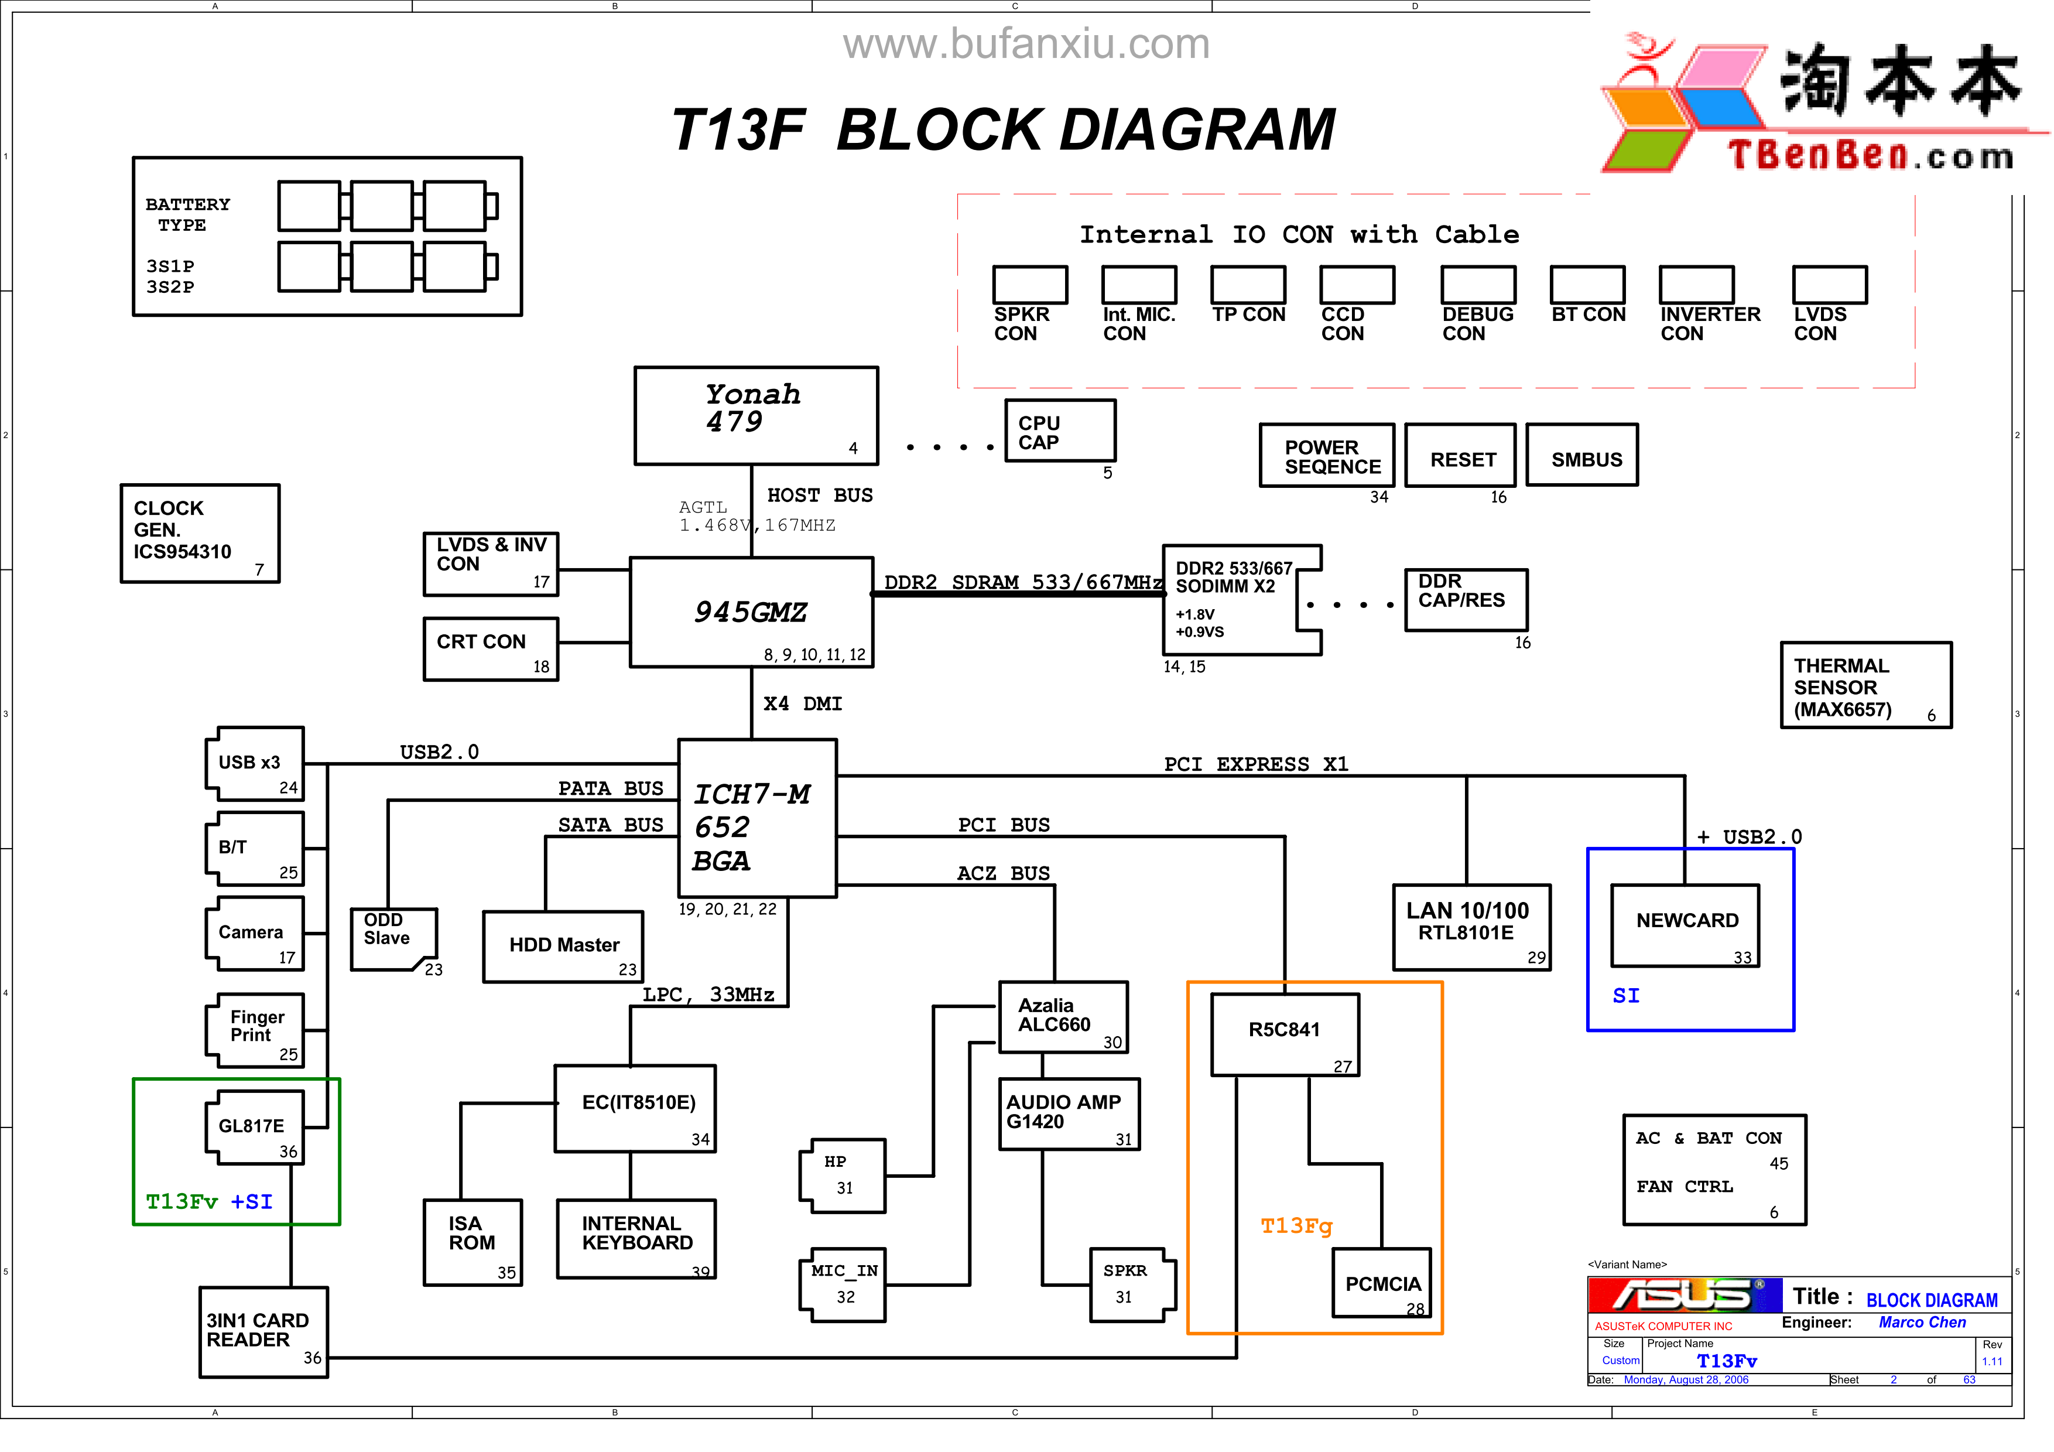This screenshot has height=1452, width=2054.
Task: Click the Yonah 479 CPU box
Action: [x=756, y=415]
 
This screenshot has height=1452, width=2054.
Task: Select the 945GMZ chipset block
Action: [x=751, y=612]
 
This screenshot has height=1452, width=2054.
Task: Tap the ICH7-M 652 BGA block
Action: [x=757, y=818]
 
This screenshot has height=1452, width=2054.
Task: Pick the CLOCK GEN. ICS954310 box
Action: [x=200, y=533]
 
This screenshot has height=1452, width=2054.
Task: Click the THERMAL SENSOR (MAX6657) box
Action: [x=1865, y=685]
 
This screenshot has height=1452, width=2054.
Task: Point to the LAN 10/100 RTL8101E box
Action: [x=1471, y=927]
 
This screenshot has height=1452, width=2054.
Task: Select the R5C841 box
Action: [x=1285, y=1034]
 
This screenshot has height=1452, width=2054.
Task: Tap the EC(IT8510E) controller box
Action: [x=635, y=1108]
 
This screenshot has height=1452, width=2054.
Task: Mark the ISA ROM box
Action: [x=473, y=1242]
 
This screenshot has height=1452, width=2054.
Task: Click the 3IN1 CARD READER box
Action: [x=263, y=1332]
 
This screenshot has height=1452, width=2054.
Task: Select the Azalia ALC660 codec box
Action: [x=1063, y=1016]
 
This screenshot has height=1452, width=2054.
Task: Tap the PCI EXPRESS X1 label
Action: [x=1255, y=764]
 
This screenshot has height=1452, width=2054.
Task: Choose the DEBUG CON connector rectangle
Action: [x=1478, y=285]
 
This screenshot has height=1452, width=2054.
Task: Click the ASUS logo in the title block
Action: [x=1683, y=1296]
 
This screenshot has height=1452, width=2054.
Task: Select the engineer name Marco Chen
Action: [x=1922, y=1323]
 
